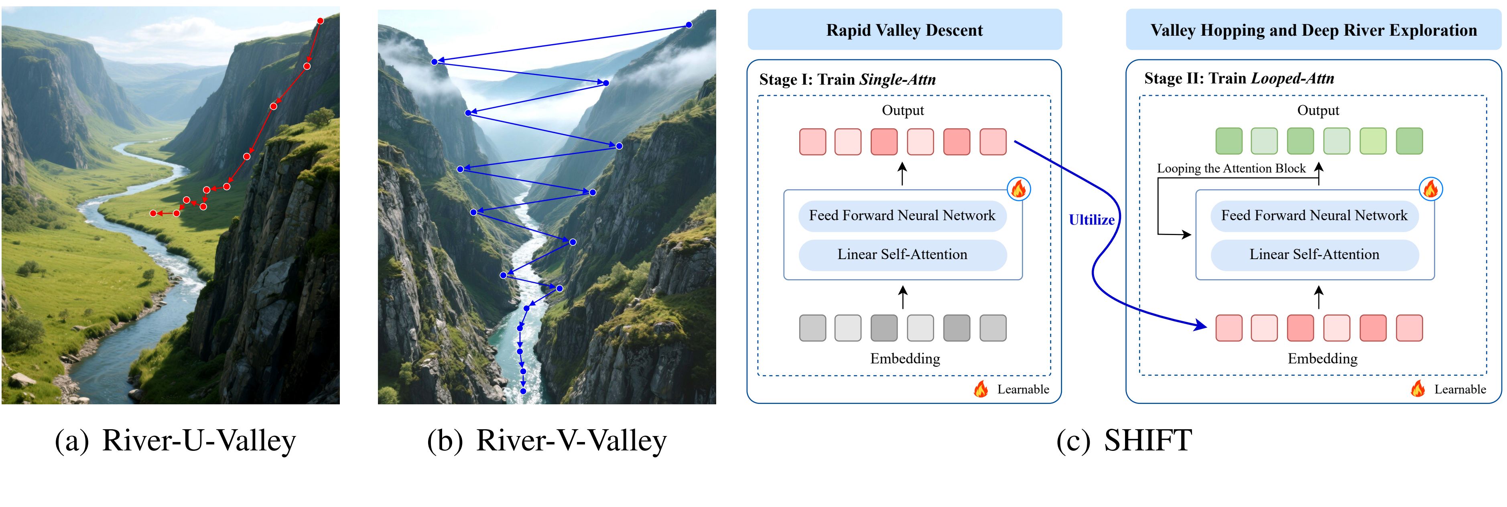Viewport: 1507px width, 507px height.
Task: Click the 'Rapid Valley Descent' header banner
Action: point(904,30)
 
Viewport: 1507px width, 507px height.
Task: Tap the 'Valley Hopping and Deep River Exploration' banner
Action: point(1313,30)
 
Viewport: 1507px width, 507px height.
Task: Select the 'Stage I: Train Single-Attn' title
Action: point(847,79)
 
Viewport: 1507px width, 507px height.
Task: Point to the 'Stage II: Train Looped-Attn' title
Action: point(1239,78)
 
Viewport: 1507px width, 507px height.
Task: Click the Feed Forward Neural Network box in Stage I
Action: point(902,216)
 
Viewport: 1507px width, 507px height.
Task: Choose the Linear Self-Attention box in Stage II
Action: point(1314,254)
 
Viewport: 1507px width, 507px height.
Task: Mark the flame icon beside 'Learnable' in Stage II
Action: point(1418,388)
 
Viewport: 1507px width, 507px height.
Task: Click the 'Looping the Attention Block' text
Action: point(1231,168)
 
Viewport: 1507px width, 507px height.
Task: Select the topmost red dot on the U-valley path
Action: point(321,21)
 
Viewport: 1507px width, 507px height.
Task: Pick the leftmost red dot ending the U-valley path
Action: point(153,213)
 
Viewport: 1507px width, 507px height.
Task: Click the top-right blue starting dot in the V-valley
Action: point(689,24)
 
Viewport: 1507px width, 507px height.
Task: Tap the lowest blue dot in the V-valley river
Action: point(523,391)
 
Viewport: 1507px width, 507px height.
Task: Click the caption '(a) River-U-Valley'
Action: point(175,440)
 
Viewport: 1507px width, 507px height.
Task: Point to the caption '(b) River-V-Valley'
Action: point(546,440)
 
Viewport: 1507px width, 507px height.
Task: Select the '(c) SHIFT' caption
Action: point(1124,440)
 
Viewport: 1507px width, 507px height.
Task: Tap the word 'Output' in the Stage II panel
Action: point(1318,111)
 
